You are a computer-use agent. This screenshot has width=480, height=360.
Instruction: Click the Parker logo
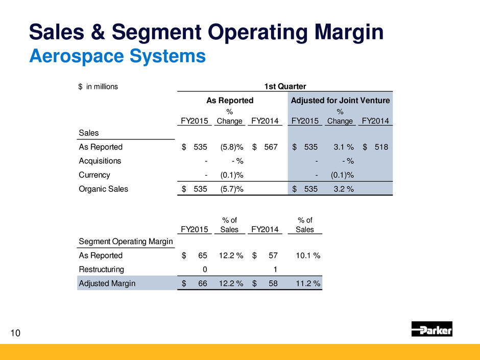[431, 329]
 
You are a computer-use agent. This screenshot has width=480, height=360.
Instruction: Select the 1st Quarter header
[284, 86]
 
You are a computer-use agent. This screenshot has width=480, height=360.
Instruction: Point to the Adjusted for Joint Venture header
[340, 101]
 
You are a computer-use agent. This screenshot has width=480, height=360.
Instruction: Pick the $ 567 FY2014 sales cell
[265, 147]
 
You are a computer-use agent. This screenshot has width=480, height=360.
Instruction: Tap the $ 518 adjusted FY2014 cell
[375, 147]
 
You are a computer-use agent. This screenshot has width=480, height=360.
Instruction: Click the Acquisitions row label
[100, 161]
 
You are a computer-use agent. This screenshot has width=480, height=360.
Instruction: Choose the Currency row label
[94, 175]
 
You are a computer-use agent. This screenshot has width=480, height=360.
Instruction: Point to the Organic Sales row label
[103, 188]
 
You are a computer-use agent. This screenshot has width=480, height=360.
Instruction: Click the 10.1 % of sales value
[306, 255]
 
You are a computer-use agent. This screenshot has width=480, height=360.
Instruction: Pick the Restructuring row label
[101, 269]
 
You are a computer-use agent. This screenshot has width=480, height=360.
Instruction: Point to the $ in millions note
[98, 86]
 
